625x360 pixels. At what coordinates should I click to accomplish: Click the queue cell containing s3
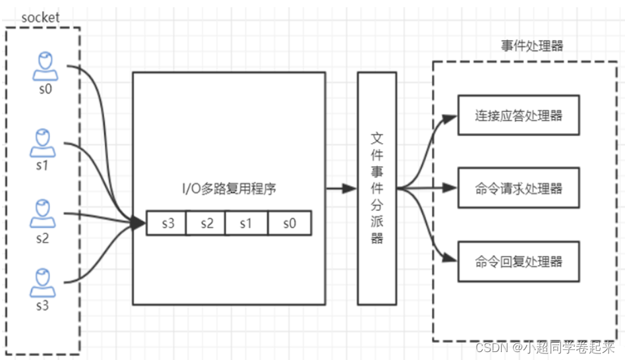(x=166, y=224)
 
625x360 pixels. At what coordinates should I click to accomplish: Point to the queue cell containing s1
(x=246, y=224)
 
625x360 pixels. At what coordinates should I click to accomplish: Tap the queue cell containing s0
(x=289, y=224)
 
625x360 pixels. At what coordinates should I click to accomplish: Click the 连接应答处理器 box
(x=518, y=115)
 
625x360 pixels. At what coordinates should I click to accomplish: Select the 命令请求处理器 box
(x=518, y=189)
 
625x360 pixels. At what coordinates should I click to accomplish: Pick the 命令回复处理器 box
(x=518, y=261)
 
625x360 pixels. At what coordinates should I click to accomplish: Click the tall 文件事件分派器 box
(x=377, y=188)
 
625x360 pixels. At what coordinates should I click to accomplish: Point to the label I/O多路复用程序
(x=229, y=189)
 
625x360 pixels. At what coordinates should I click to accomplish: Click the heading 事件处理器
(x=531, y=46)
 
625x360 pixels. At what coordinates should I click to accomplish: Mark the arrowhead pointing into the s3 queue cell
(x=138, y=224)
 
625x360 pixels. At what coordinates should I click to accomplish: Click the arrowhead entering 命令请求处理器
(x=451, y=189)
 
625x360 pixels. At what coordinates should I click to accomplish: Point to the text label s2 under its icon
(x=42, y=238)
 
